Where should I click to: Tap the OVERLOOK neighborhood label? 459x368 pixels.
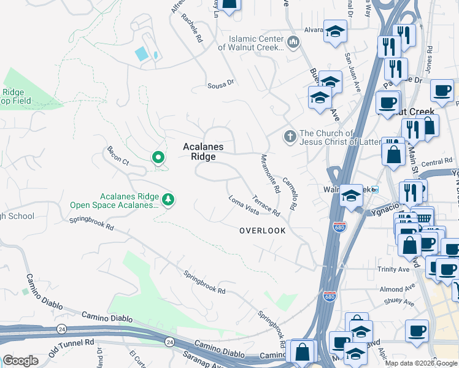coord(262,231)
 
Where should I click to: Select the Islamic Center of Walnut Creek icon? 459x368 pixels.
coord(293,43)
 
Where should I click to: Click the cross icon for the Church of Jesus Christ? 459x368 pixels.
coord(289,137)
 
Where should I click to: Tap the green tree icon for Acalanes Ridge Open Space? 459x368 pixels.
coord(168,199)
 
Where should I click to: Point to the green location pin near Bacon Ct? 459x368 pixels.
coord(158,158)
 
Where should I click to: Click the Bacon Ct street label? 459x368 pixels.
coord(117,156)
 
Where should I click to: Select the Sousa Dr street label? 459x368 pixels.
coord(221,81)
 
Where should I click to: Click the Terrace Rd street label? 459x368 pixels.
coord(266,205)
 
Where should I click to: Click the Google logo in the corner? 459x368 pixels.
coord(20,360)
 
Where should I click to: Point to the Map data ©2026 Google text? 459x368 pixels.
coord(421,363)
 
